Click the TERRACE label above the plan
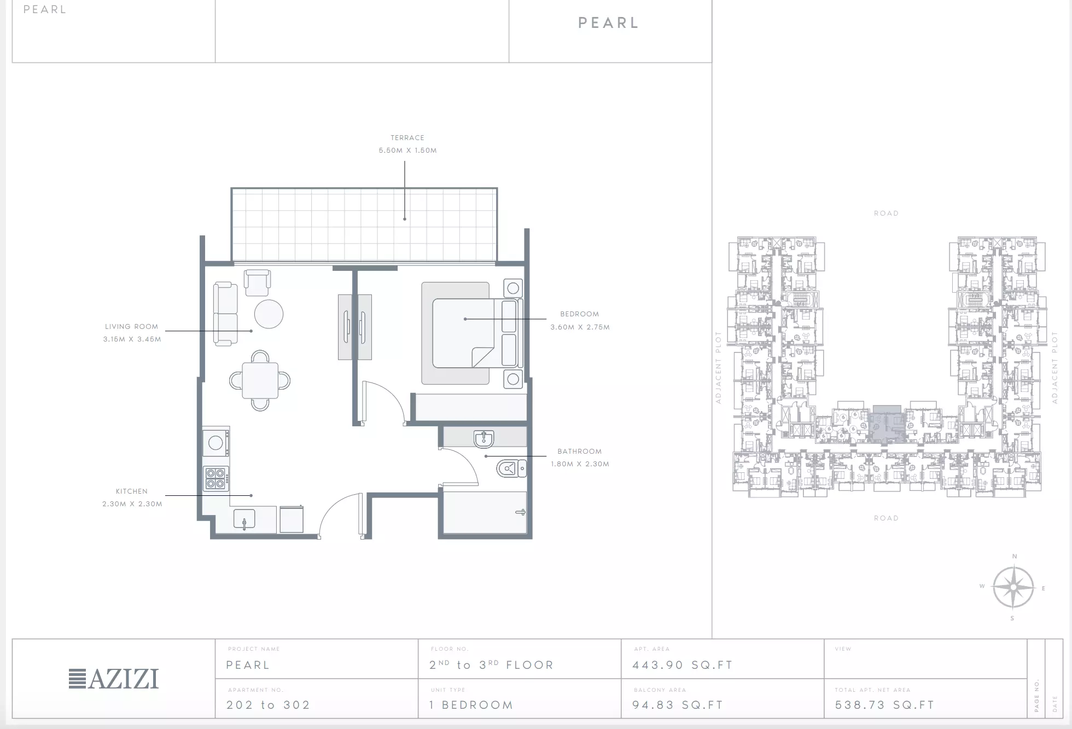407,138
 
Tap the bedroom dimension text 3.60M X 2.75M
580,327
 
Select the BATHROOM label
580,452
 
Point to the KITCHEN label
132,491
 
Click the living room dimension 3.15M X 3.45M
132,339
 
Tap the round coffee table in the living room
269,314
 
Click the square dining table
260,380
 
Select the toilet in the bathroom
511,468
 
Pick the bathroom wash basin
483,439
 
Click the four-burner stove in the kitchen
216,478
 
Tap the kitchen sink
244,519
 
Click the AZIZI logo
114,679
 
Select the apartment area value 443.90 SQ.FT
683,665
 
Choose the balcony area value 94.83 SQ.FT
678,705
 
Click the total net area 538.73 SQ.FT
884,705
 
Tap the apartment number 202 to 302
269,705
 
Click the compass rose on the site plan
1013,587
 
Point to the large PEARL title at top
609,23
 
